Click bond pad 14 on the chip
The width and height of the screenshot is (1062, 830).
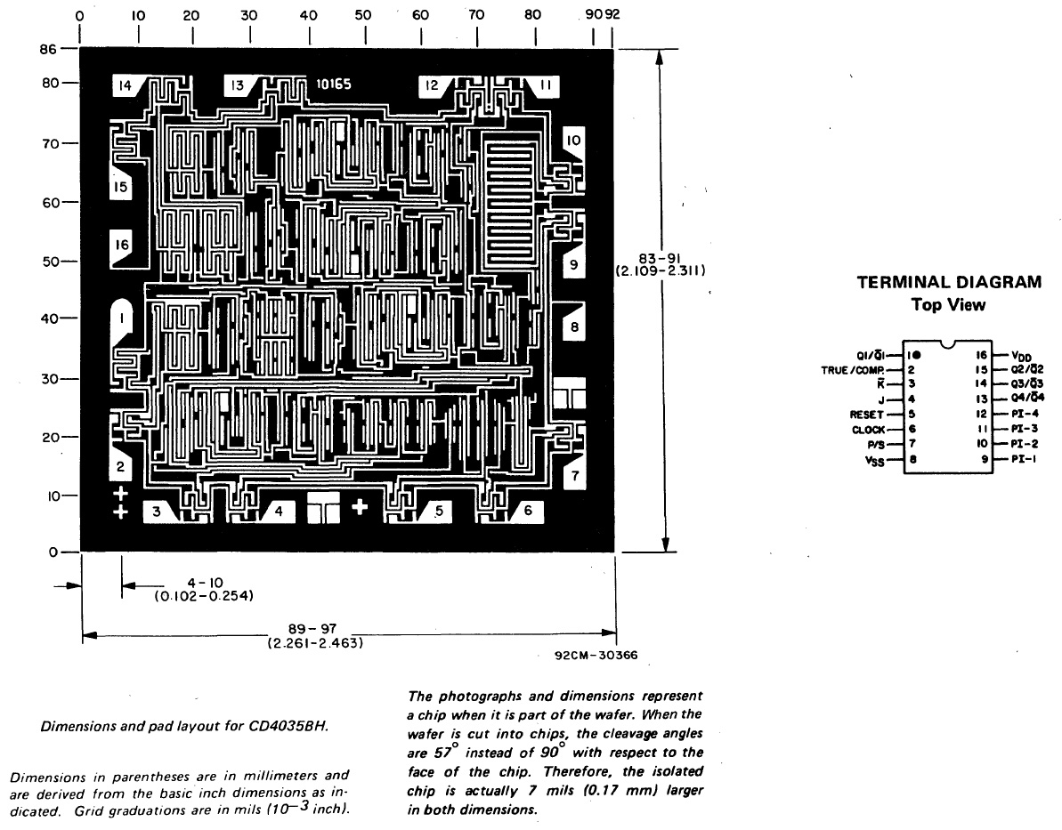(126, 85)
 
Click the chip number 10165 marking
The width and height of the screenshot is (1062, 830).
(334, 85)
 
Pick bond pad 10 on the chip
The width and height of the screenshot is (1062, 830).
(572, 141)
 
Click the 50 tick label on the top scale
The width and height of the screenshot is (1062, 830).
(363, 15)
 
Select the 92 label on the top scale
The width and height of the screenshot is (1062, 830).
(612, 15)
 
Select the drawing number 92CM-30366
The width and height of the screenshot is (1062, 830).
(594, 657)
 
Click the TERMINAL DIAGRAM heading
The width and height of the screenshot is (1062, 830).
(948, 283)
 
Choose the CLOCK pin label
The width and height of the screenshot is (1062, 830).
(867, 430)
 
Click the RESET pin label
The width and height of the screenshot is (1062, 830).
(867, 415)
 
